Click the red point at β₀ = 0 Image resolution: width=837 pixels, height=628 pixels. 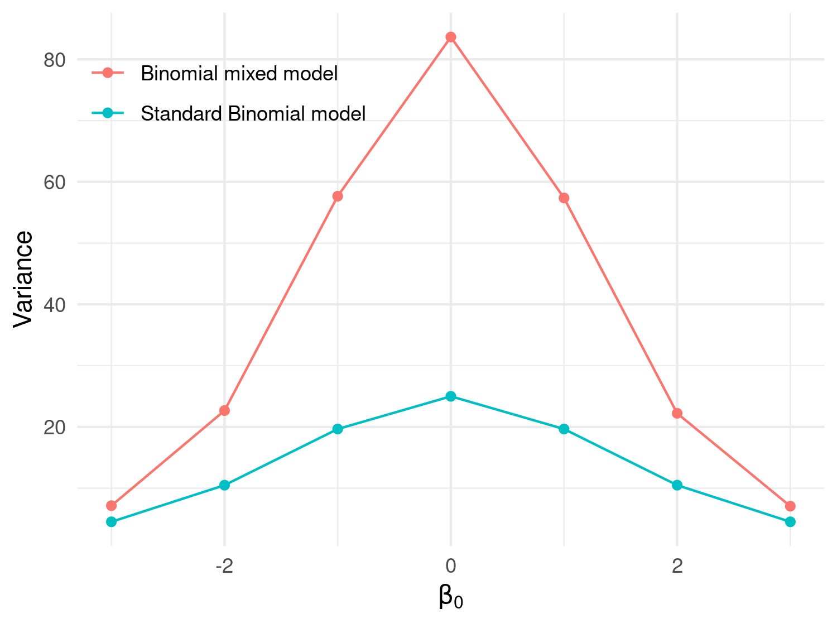[x=451, y=37]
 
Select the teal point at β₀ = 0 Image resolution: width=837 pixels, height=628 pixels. [x=451, y=396]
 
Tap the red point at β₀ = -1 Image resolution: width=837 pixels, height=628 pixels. [x=338, y=196]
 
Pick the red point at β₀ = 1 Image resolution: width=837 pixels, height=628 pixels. [x=564, y=198]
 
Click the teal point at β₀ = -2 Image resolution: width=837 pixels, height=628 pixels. [x=224, y=485]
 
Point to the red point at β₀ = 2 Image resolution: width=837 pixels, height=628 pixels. [x=677, y=413]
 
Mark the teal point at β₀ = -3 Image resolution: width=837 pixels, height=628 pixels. [x=112, y=522]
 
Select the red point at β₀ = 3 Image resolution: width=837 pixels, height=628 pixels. [x=790, y=506]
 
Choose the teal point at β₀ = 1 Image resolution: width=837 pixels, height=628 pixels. [x=564, y=429]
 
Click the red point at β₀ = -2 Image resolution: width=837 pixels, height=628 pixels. [x=224, y=410]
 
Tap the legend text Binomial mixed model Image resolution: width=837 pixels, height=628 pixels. [x=239, y=74]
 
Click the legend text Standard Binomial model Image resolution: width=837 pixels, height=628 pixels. [x=253, y=114]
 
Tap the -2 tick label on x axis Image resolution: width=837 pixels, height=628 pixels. [x=224, y=567]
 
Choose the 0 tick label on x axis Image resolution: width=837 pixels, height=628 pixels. [x=451, y=567]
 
